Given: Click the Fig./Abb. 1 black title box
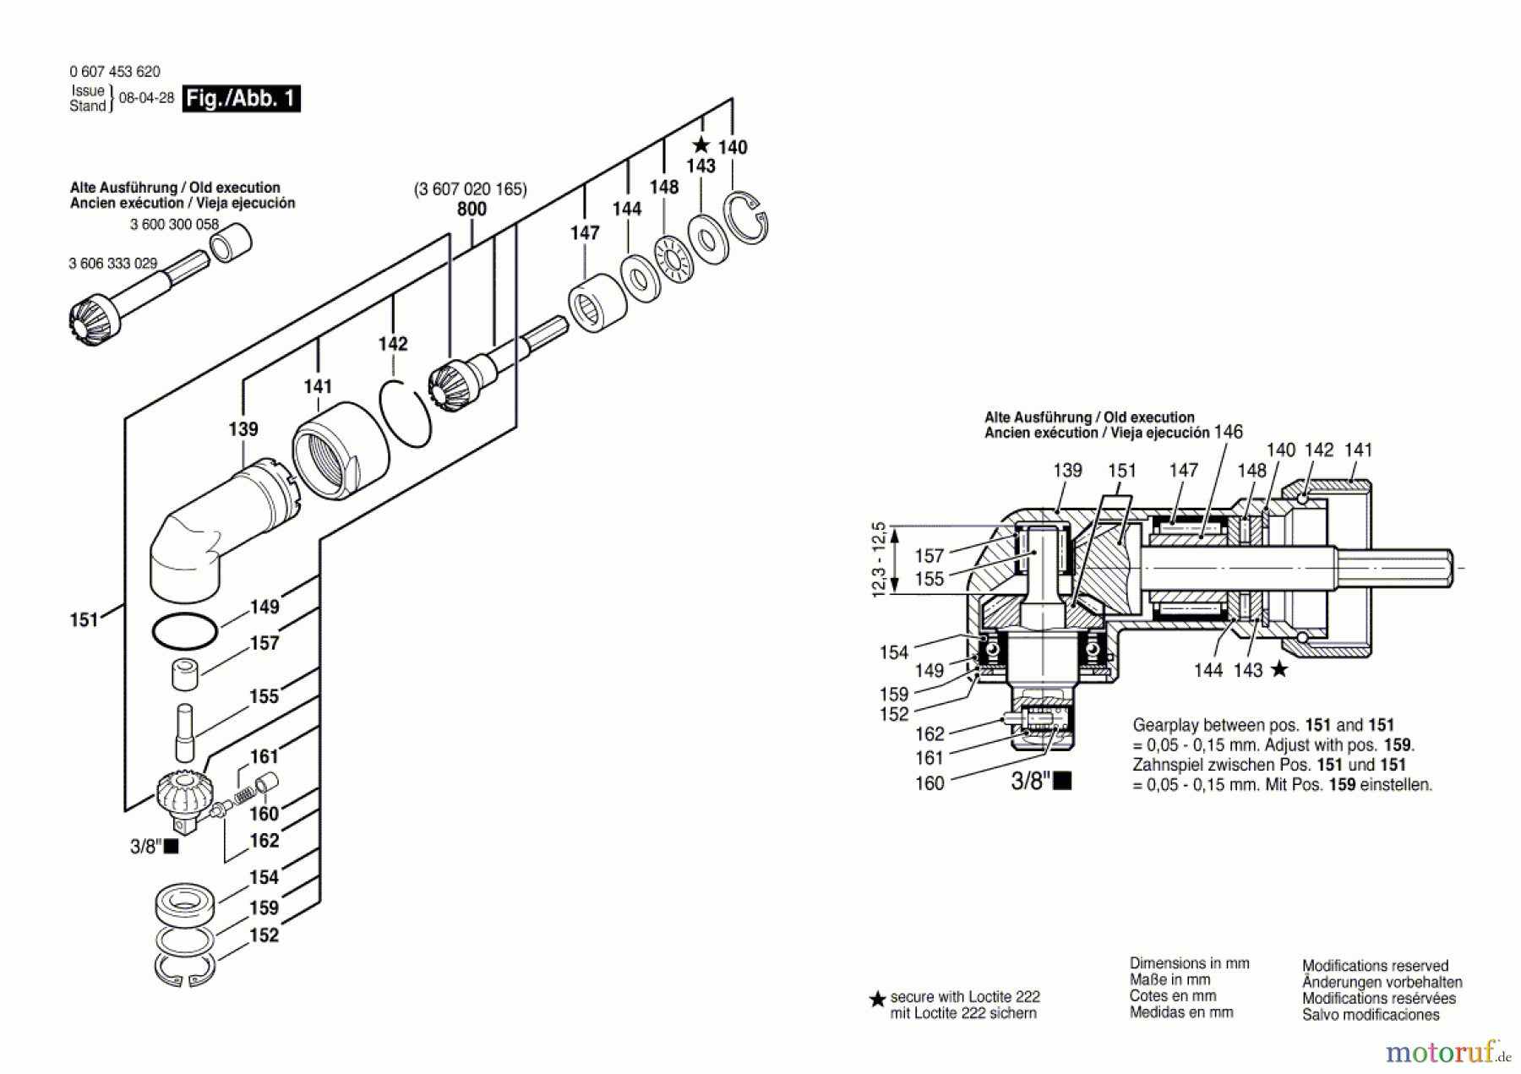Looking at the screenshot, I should click(x=241, y=99).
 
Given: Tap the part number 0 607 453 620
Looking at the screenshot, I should click(x=115, y=72).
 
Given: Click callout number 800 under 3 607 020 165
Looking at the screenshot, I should click(x=472, y=209).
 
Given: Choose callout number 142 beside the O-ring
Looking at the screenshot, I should click(x=393, y=344).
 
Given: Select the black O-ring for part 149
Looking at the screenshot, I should click(x=185, y=630).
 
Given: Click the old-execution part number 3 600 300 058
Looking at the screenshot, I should click(x=174, y=225).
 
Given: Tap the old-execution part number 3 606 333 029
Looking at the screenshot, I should click(x=113, y=264).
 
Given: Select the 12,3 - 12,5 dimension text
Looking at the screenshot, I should click(x=879, y=560).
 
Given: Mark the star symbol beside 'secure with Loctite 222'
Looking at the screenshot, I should click(x=877, y=999).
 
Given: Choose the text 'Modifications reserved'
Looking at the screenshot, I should click(x=1375, y=966).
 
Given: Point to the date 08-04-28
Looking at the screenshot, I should click(x=146, y=98).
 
